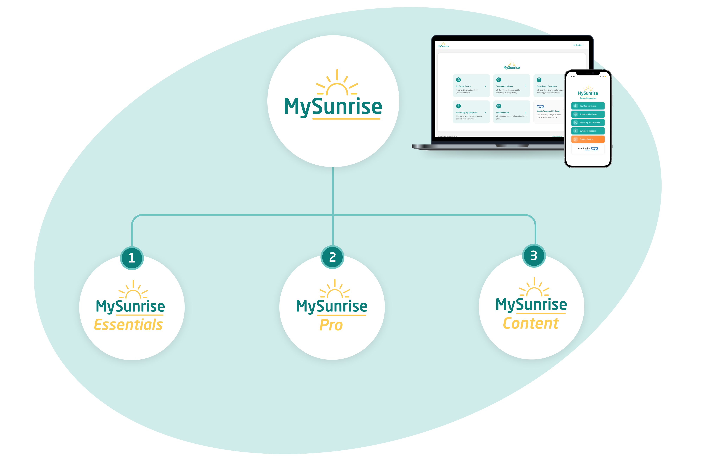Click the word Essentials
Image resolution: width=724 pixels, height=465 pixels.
pos(129,325)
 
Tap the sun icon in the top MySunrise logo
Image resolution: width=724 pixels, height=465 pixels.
pos(337,83)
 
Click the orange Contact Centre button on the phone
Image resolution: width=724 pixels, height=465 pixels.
pos(588,139)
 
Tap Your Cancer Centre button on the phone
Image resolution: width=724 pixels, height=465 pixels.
pos(588,106)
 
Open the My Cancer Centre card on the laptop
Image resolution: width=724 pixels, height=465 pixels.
pos(471,86)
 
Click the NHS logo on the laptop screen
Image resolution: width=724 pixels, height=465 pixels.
pos(540,107)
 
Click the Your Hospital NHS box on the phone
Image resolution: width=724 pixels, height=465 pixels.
pos(588,149)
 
